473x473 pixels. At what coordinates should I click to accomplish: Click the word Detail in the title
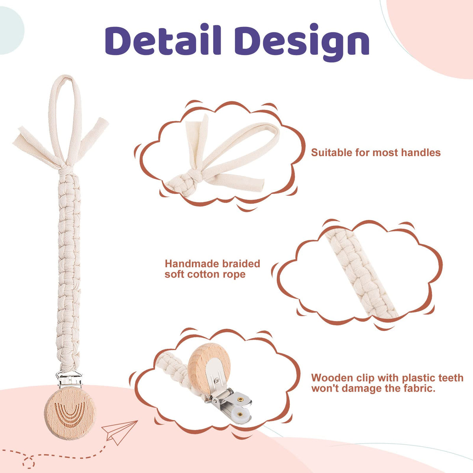[x=163, y=40]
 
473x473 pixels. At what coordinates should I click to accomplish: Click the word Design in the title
[x=302, y=42]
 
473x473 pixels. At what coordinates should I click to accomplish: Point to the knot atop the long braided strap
[x=66, y=169]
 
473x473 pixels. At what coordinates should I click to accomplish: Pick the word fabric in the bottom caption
[x=417, y=389]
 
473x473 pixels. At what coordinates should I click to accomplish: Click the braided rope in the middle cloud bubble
[x=361, y=273]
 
